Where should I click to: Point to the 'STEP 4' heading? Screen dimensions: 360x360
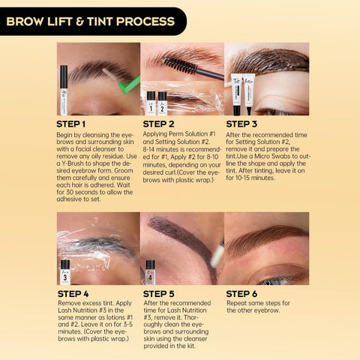pos(75,293)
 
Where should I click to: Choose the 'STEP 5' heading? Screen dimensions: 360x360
pos(160,293)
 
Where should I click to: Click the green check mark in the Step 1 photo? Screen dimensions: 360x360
pos(129,84)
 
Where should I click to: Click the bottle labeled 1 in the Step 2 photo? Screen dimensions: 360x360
pos(151,103)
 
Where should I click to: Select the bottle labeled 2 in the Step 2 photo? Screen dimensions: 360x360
pos(162,103)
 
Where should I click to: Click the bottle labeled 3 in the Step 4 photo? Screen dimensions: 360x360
pos(65,271)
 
